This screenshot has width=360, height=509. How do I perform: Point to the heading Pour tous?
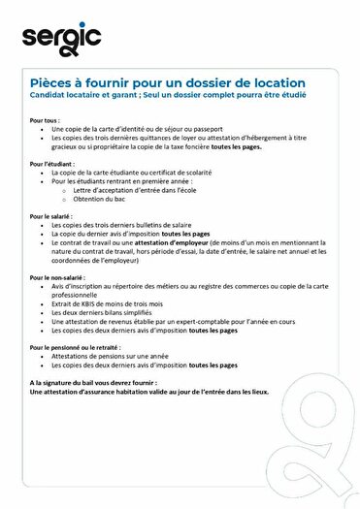[45, 120]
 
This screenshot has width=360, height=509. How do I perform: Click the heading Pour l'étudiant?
[51, 164]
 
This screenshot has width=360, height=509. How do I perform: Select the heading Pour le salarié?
[51, 216]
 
